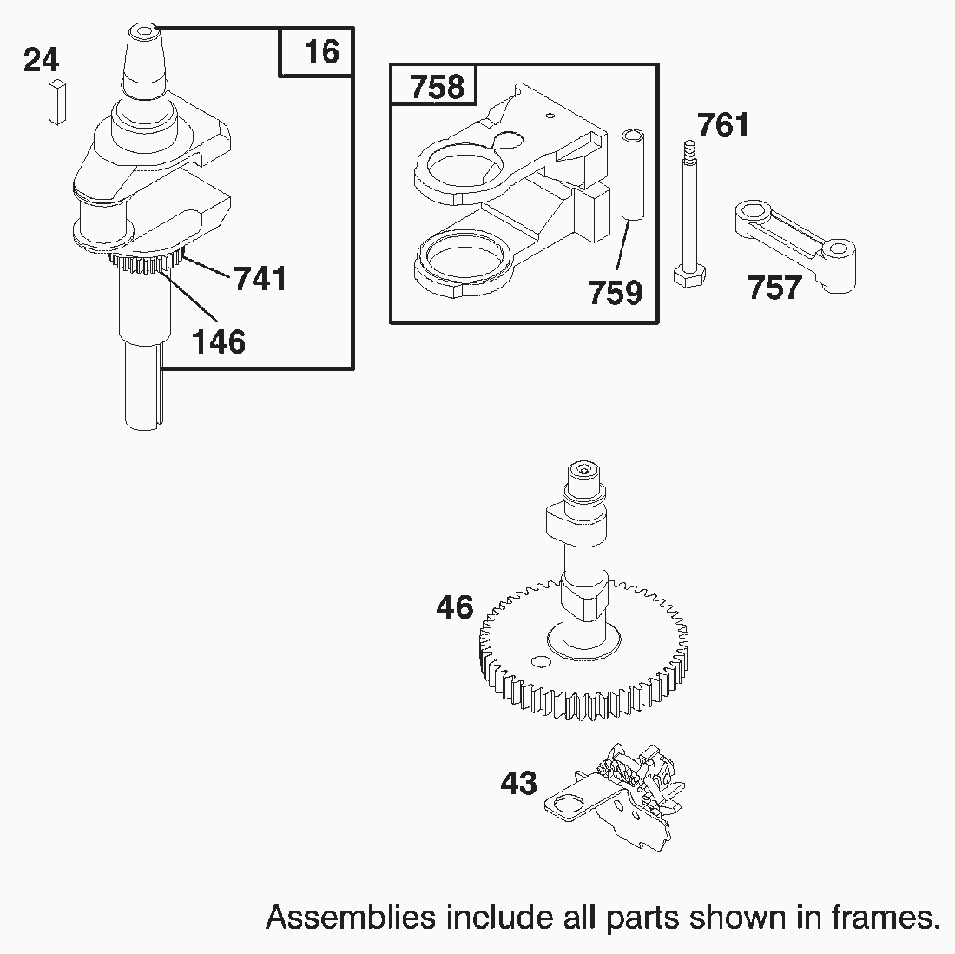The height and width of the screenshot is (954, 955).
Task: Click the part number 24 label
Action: (x=41, y=60)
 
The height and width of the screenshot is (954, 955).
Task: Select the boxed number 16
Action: (x=321, y=51)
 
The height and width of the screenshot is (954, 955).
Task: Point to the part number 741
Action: (x=260, y=279)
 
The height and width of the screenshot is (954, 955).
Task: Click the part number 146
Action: (x=218, y=341)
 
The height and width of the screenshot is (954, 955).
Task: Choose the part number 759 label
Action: (x=615, y=292)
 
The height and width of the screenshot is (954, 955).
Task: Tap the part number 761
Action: (x=722, y=125)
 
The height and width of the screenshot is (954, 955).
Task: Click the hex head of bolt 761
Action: (x=689, y=275)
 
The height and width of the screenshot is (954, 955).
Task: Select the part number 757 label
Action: (x=774, y=286)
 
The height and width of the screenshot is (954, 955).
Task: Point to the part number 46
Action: (x=455, y=606)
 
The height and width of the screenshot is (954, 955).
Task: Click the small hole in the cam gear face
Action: (x=540, y=664)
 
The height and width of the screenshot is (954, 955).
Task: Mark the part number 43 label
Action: (x=518, y=783)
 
